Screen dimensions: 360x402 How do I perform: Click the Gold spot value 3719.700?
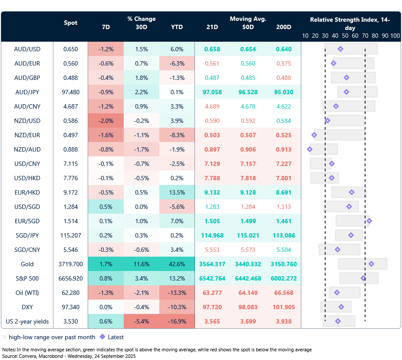click(x=70, y=264)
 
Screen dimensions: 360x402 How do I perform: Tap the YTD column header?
click(x=177, y=27)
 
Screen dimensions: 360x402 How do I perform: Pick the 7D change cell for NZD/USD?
click(x=105, y=120)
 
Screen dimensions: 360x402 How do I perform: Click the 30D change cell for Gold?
click(x=142, y=264)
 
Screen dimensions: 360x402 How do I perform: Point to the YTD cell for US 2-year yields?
click(x=177, y=321)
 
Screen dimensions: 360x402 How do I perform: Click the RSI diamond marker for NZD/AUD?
click(x=310, y=149)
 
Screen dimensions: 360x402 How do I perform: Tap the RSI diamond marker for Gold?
click(x=371, y=264)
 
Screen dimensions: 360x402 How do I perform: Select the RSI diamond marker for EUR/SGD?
click(x=369, y=221)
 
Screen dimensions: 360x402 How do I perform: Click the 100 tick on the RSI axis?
click(x=395, y=36)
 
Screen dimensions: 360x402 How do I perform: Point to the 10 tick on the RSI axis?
click(x=305, y=36)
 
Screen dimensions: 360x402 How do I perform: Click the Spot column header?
click(x=70, y=23)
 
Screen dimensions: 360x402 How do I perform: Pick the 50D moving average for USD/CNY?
click(x=248, y=163)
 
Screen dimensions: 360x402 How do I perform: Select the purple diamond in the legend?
click(x=102, y=337)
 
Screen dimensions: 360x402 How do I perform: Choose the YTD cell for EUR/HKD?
click(x=177, y=192)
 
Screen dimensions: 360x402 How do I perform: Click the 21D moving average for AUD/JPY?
click(x=212, y=92)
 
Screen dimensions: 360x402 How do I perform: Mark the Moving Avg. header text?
click(x=248, y=19)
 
